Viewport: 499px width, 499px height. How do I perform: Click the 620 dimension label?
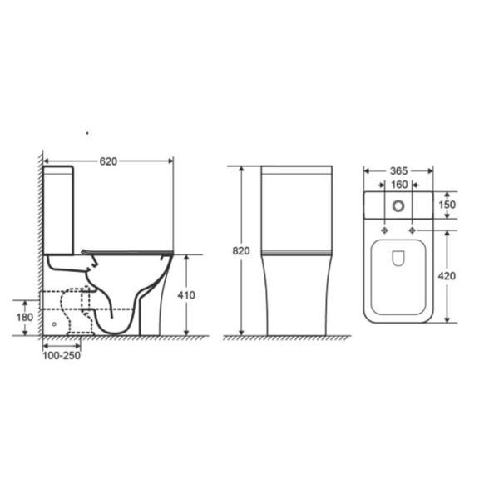(x=108, y=161)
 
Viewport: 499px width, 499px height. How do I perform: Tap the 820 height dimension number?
(x=241, y=251)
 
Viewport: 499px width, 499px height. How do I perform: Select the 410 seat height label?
(x=186, y=295)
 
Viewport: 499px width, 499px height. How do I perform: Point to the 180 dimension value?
(x=24, y=318)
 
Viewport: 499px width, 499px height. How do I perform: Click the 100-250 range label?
(x=62, y=356)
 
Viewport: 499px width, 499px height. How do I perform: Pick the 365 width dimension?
(x=398, y=171)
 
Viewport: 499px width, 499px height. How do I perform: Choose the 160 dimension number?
(x=399, y=185)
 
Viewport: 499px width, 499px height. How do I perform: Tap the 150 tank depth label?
(x=447, y=205)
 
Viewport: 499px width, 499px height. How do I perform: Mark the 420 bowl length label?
(x=447, y=276)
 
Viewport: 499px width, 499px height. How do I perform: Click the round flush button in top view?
(x=398, y=206)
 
